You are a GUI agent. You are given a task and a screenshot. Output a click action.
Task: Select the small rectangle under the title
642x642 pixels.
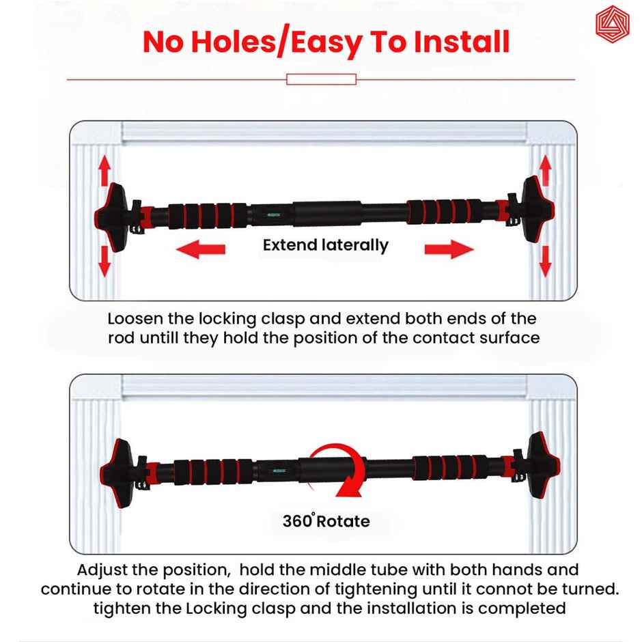coord(321,80)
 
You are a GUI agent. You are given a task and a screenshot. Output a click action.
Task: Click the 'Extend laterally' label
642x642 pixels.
coord(325,245)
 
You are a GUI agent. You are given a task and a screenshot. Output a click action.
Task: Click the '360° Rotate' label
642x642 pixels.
coord(326,522)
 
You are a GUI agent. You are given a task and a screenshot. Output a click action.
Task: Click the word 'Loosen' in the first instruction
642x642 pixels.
coord(137,319)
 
